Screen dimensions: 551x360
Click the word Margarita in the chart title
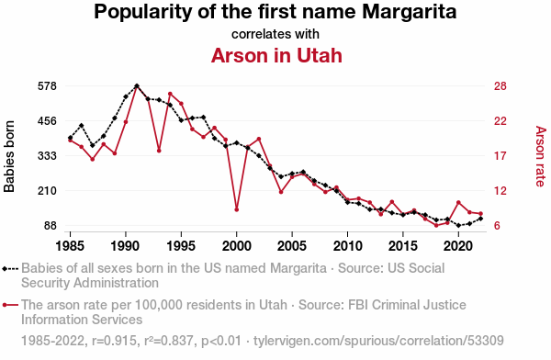[410, 13]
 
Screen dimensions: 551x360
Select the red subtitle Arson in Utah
[276, 55]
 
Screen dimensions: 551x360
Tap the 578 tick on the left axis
[47, 86]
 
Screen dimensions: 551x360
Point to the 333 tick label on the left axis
[47, 156]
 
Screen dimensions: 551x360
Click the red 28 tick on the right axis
[500, 86]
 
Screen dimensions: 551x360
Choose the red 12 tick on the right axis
[500, 190]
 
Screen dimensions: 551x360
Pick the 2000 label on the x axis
[237, 245]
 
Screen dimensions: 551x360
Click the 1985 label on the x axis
[70, 245]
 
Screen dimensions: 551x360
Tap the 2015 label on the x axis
[403, 245]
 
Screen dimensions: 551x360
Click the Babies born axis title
[9, 156]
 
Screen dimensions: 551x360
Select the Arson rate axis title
[541, 156]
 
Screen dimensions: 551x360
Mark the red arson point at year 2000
[237, 210]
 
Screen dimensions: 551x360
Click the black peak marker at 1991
[137, 85]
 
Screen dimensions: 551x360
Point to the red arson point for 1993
[159, 151]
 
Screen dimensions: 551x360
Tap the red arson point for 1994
[170, 94]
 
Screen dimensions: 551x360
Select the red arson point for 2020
[458, 202]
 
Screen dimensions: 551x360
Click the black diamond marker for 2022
[480, 219]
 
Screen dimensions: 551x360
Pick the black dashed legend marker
[10, 269]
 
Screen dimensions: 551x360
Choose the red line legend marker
[10, 305]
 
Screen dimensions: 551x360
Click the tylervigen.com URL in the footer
[378, 341]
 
